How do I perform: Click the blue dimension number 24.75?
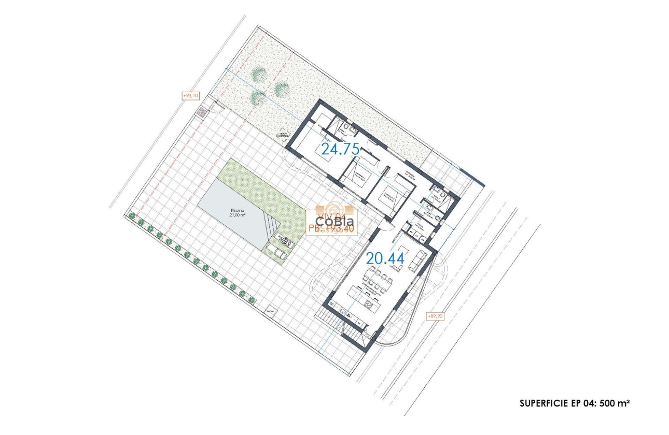tap(340, 149)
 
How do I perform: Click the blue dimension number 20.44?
tap(385, 258)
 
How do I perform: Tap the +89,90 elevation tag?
tap(435, 315)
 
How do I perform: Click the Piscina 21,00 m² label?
tap(240, 213)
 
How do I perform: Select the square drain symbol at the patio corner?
tap(202, 111)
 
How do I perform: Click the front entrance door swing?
tap(388, 226)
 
